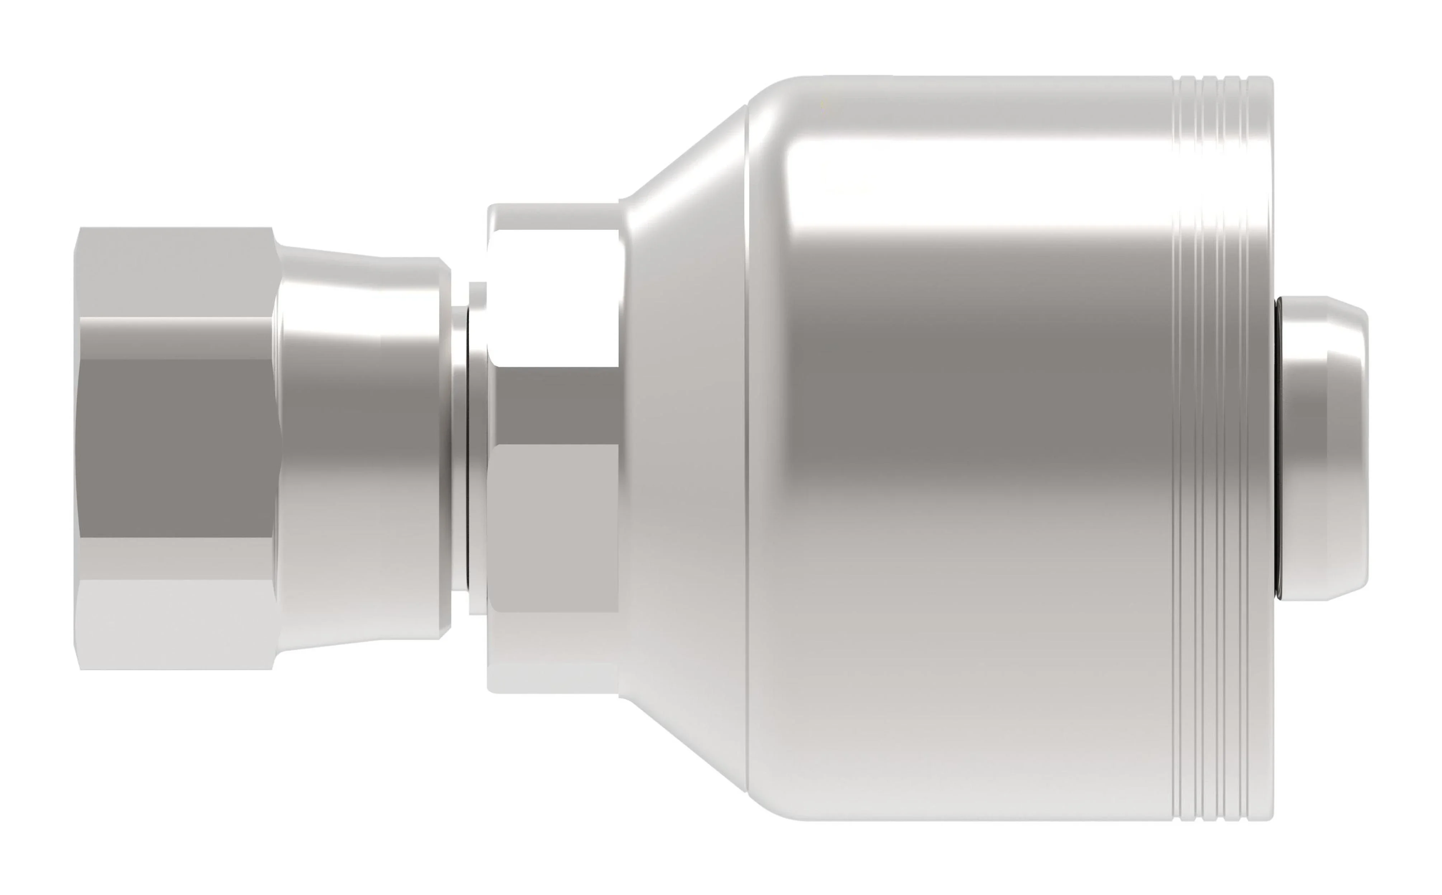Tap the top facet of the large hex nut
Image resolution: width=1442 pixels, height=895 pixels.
point(175,272)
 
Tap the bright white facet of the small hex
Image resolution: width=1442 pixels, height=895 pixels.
point(554,305)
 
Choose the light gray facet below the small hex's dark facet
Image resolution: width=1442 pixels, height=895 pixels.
point(554,527)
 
